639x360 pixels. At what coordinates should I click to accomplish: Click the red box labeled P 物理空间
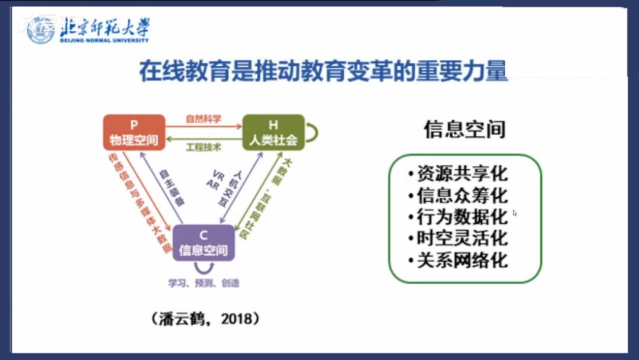tap(134, 132)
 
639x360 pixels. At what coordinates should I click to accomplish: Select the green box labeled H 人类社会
tap(273, 132)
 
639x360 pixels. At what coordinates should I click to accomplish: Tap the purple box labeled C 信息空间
tap(204, 242)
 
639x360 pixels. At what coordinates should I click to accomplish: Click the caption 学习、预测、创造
tap(204, 283)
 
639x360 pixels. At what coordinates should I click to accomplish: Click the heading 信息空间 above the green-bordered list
tap(464, 128)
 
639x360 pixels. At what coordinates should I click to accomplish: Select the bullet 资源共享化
tap(458, 174)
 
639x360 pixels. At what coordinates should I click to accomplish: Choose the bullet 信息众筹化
tap(458, 195)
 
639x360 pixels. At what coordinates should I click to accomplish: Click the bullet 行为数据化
tap(458, 217)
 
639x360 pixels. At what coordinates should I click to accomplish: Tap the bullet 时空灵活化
tap(458, 238)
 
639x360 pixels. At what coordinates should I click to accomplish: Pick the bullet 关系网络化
tap(458, 260)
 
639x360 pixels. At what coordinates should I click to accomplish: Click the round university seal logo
tap(41, 29)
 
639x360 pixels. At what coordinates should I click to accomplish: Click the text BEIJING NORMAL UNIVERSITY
tap(104, 40)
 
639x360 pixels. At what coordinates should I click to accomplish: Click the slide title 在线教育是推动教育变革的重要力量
tap(323, 71)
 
